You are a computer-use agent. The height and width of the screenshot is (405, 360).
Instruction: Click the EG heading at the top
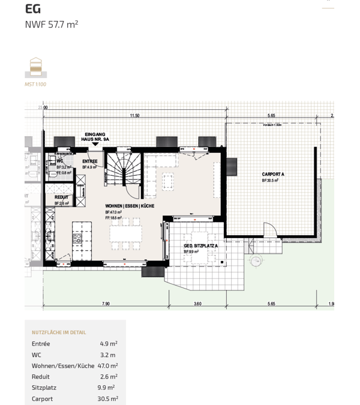click(33, 8)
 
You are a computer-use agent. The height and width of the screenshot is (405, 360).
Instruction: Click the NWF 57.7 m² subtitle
click(52, 25)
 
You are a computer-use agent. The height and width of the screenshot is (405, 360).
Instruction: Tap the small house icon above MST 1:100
click(36, 67)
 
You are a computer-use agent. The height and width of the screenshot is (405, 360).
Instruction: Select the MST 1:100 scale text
click(35, 85)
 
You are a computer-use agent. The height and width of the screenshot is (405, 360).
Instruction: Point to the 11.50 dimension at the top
click(134, 115)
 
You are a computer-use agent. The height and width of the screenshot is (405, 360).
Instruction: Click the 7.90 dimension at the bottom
click(106, 304)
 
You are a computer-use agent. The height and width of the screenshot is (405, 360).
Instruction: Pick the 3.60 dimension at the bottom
click(197, 304)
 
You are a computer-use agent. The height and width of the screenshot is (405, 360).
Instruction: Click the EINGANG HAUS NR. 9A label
click(95, 137)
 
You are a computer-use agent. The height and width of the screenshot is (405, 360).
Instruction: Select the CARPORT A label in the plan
click(273, 174)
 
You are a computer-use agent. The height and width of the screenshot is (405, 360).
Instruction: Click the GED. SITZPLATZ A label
click(201, 246)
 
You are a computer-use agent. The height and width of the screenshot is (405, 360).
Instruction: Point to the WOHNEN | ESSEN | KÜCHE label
click(130, 206)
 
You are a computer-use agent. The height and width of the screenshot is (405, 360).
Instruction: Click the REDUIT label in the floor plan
click(61, 197)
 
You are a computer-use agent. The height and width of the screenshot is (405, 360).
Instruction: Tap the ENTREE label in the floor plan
click(90, 161)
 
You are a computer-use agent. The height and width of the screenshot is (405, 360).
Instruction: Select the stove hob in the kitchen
click(77, 238)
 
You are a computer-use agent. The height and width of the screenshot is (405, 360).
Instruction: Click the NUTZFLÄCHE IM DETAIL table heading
click(59, 332)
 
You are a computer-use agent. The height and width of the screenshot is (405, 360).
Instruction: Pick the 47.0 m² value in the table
click(107, 365)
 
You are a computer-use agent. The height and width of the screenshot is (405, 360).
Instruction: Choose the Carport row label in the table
click(42, 398)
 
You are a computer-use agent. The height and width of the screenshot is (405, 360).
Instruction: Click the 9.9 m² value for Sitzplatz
click(107, 388)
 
